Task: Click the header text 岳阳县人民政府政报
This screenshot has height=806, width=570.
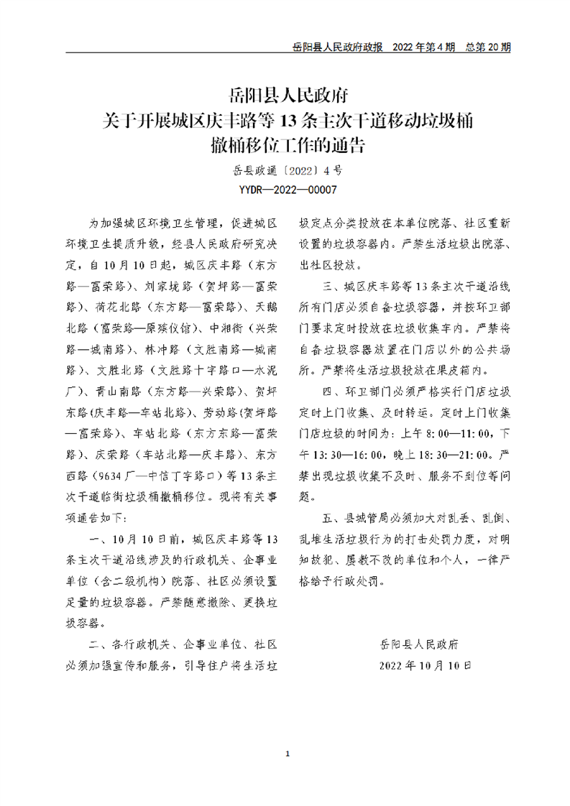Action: click(338, 47)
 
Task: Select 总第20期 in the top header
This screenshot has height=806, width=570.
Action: click(488, 47)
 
